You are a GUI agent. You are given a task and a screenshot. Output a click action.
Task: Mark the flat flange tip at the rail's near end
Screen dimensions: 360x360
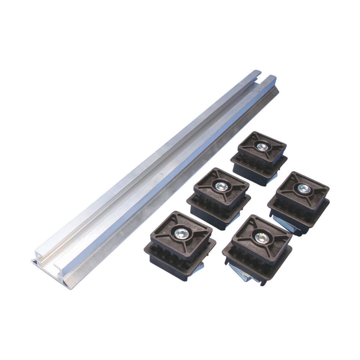[35, 262]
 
